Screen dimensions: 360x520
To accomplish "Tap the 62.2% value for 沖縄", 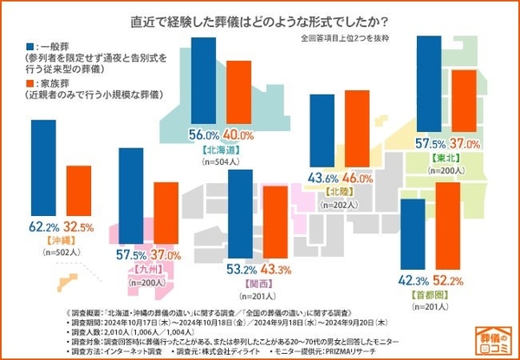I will coord(44,226).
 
